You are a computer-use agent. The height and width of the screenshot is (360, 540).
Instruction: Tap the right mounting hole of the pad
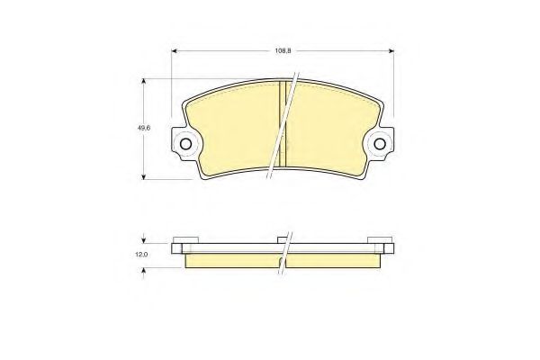[381, 143]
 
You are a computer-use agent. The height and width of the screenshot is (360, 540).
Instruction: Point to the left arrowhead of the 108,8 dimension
[174, 51]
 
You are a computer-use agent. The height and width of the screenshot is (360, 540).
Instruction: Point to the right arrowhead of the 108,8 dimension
[393, 51]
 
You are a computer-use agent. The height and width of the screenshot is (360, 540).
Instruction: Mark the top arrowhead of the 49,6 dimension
[144, 81]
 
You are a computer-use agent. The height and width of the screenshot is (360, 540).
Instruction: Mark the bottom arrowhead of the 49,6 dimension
[144, 176]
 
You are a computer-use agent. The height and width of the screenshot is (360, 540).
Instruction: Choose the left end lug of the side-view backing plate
[178, 247]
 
